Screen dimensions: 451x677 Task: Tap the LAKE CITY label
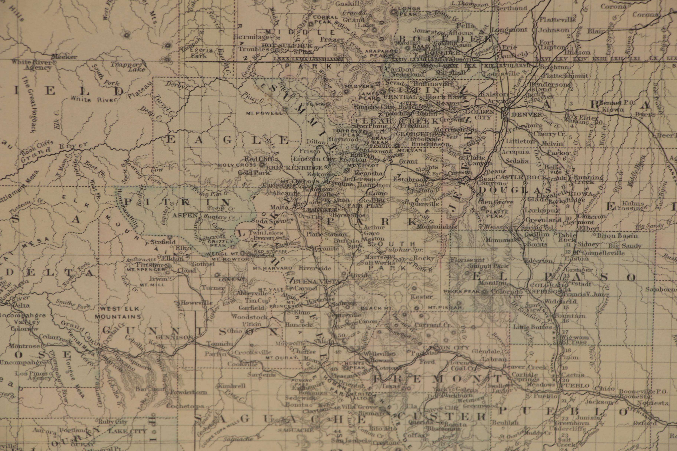pos(127,432)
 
